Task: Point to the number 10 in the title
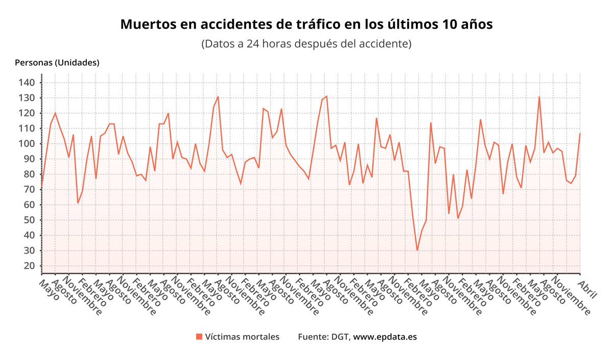click(450, 25)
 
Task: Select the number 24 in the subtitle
click(252, 44)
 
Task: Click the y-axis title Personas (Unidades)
click(57, 63)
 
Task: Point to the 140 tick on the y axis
click(26, 83)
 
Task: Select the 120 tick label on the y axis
click(26, 113)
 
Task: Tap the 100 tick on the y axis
click(26, 144)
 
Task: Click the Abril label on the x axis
click(586, 282)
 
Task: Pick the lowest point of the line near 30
click(417, 250)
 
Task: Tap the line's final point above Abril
click(580, 134)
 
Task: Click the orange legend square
click(199, 337)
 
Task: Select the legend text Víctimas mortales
click(242, 337)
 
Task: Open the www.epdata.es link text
click(385, 337)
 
